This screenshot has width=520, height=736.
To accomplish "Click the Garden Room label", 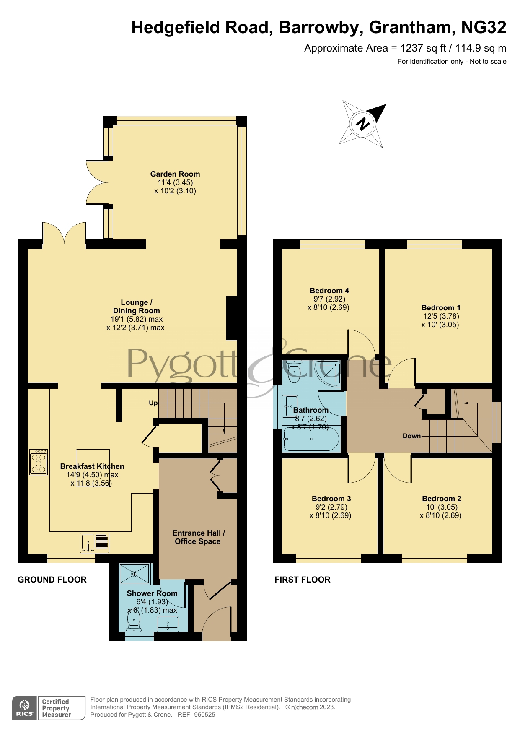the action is [175, 174].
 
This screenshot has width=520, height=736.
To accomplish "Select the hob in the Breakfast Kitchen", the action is [39, 462].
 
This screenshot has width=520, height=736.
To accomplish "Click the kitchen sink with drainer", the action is [95, 542].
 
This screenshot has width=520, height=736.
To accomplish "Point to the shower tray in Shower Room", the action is [135, 574].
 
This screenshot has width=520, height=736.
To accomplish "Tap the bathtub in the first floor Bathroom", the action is [311, 439].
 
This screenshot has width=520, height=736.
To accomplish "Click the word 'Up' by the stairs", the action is [153, 403].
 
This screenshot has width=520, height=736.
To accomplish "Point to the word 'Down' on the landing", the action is [411, 436].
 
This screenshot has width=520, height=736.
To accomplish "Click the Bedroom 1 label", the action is [441, 308].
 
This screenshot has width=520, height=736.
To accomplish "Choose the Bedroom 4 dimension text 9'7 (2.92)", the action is [329, 299].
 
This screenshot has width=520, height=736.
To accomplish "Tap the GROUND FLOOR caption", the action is [52, 580].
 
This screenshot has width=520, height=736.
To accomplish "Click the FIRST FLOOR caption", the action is [303, 580].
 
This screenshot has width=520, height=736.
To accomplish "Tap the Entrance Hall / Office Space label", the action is [199, 537].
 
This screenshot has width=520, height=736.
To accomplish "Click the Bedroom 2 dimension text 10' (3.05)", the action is [441, 507].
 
